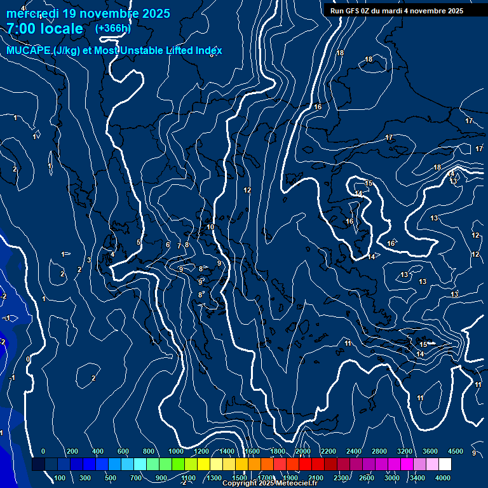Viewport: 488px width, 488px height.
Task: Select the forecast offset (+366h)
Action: pos(112,28)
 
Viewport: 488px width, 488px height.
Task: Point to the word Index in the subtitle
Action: pos(208,50)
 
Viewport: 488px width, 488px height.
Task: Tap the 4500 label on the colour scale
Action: pos(456,451)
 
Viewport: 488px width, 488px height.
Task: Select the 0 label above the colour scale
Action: pos(43,451)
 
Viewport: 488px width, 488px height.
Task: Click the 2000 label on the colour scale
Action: pos(302,451)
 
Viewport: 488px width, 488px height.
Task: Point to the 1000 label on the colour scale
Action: pos(176,451)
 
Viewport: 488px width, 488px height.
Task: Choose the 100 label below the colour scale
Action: pos(60,478)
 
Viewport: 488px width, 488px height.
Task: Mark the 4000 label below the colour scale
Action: pos(444,478)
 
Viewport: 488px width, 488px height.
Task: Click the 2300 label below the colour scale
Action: pos(341,478)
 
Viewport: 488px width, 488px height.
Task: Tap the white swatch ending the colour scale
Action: pos(445,464)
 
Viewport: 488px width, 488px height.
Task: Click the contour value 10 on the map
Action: pos(210,227)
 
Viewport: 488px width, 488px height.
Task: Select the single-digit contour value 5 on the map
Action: pos(139,242)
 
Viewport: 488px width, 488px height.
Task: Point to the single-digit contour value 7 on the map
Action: pos(179,246)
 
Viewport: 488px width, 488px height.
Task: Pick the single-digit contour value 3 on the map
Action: pos(89,260)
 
